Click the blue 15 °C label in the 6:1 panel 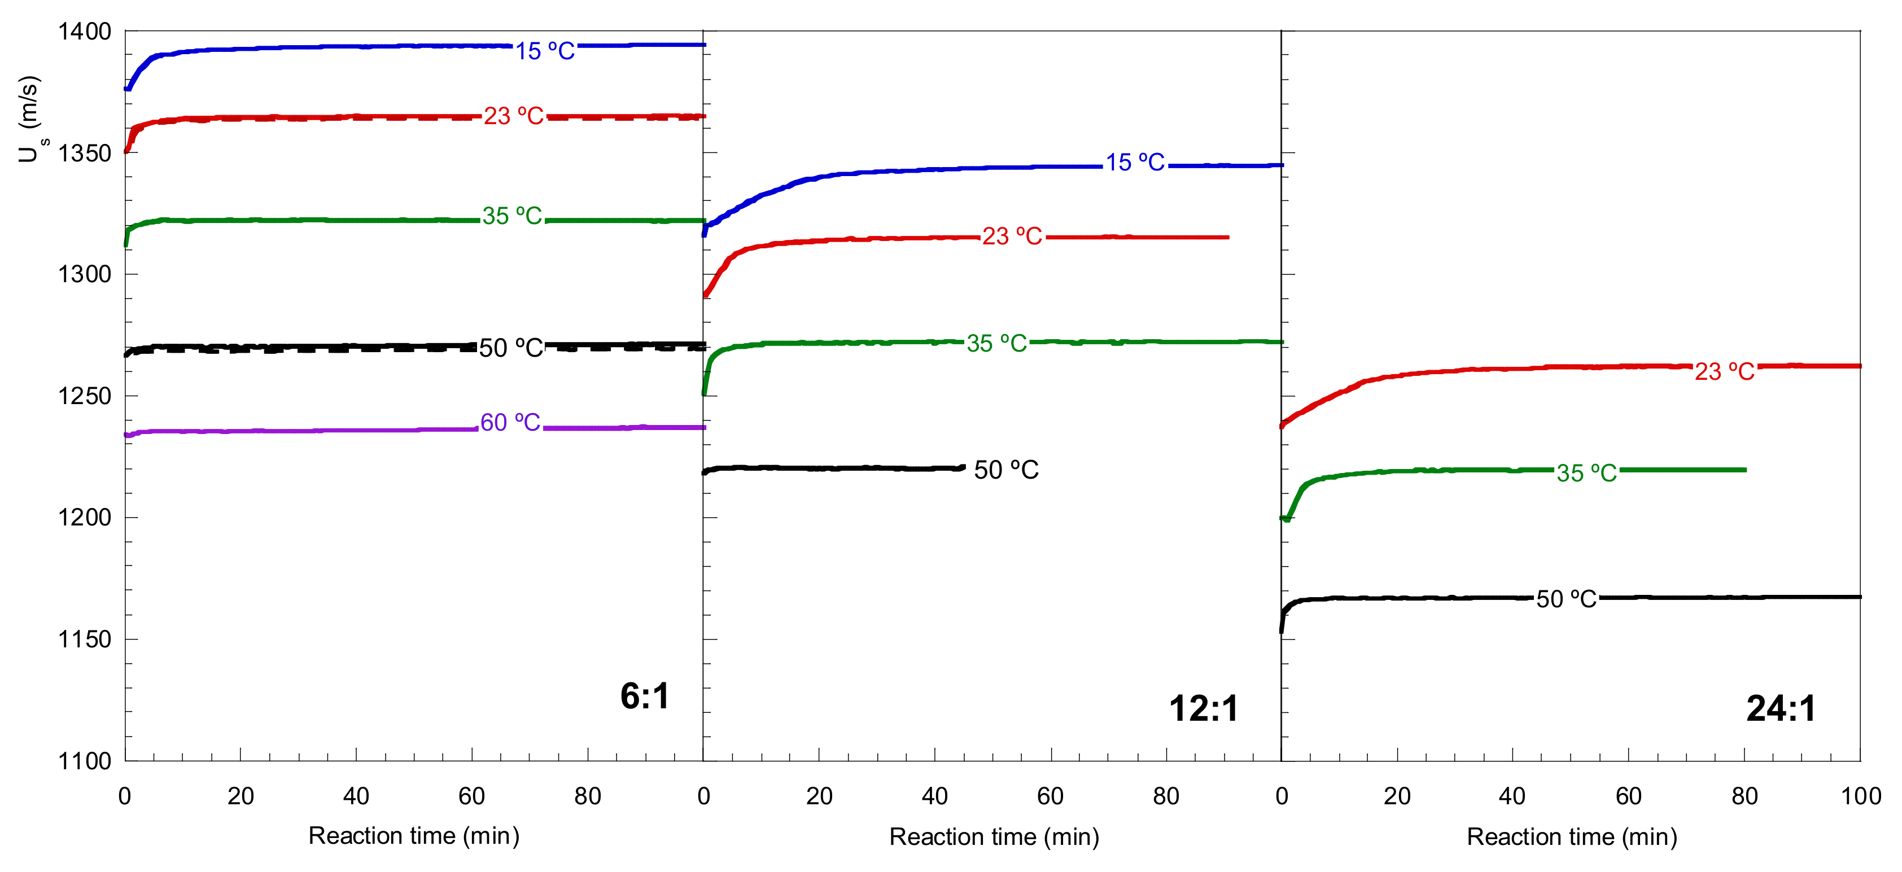(545, 51)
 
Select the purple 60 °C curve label (510, 422)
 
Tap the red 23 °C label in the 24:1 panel (1724, 371)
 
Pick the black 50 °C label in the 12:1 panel (1005, 470)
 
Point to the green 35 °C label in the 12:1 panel (997, 343)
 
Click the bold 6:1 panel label (645, 696)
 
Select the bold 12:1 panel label (1204, 709)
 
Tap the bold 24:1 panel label (1780, 709)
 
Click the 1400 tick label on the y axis (84, 32)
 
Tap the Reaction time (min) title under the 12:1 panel (994, 836)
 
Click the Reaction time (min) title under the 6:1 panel (413, 836)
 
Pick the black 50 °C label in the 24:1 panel (1566, 599)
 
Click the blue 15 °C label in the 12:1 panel (1135, 163)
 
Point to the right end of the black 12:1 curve (964, 467)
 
